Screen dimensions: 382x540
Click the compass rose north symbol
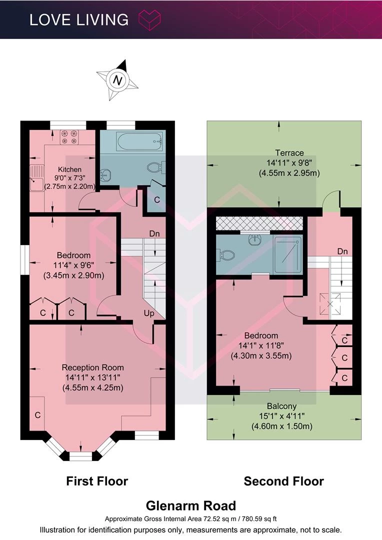[117, 80]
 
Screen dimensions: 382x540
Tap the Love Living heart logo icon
[149, 19]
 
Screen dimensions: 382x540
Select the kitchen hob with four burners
[70, 137]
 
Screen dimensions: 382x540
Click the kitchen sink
[36, 178]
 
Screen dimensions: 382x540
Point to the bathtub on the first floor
[139, 141]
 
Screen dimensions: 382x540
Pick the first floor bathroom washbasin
[105, 175]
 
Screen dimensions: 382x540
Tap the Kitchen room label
[69, 169]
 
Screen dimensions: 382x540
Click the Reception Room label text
[92, 367]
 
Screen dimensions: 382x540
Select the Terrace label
[289, 153]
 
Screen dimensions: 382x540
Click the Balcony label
[282, 406]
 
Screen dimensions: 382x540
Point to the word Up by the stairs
[149, 313]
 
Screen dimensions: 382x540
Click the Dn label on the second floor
[342, 251]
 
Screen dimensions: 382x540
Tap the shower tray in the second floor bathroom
[288, 254]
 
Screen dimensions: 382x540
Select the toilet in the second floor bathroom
[226, 255]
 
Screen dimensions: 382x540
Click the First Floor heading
[97, 481]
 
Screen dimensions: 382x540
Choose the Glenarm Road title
[191, 506]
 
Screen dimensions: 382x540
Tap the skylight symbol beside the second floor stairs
[330, 304]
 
